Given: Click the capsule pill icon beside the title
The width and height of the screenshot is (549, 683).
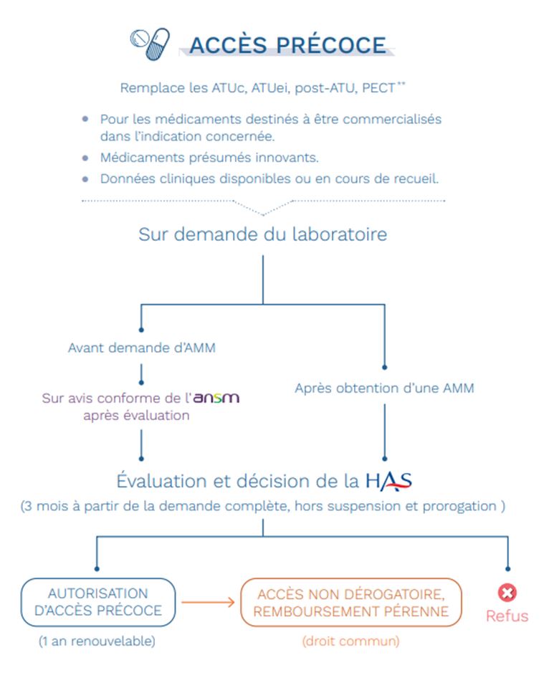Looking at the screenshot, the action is point(157,44).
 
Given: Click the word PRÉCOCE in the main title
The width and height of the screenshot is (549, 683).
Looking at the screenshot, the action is point(331,45).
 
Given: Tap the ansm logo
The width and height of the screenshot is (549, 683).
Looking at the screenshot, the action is point(216,398).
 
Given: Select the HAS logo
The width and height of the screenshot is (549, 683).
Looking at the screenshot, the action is point(388,482).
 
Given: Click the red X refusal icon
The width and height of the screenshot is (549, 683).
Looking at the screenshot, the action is point(507,593).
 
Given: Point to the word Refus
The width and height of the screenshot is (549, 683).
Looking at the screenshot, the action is point(507,616).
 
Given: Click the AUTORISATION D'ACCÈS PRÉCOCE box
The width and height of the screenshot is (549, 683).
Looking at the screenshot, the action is point(98,603).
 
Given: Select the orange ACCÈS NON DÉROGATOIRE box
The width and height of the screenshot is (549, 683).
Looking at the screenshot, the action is point(350,603).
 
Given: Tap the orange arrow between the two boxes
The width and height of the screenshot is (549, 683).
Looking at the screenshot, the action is point(208,603).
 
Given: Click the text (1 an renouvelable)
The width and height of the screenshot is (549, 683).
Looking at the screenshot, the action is point(97,641).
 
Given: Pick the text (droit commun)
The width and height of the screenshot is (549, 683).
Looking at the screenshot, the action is point(350,641).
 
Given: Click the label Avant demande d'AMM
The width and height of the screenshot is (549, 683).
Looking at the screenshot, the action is point(142,348).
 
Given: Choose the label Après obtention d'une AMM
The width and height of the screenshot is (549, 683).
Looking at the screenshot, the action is point(384,388).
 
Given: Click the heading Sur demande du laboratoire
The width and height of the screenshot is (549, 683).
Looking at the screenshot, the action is point(263,234).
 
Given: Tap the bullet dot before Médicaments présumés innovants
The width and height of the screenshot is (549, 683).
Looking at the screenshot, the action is point(85,158).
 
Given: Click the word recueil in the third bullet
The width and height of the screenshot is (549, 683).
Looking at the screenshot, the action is point(416,179).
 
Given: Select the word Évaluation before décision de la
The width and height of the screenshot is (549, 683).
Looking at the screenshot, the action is point(161,482).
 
